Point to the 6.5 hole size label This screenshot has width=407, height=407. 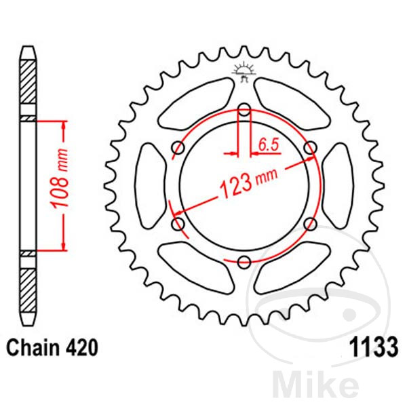(268, 145)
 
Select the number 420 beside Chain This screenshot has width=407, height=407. (82, 348)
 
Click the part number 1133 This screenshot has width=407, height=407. (374, 348)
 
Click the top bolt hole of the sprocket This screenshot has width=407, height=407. (244, 109)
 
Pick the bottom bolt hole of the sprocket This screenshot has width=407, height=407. (244, 262)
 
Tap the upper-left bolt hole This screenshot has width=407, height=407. (178, 148)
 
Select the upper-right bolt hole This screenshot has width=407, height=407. (311, 148)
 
